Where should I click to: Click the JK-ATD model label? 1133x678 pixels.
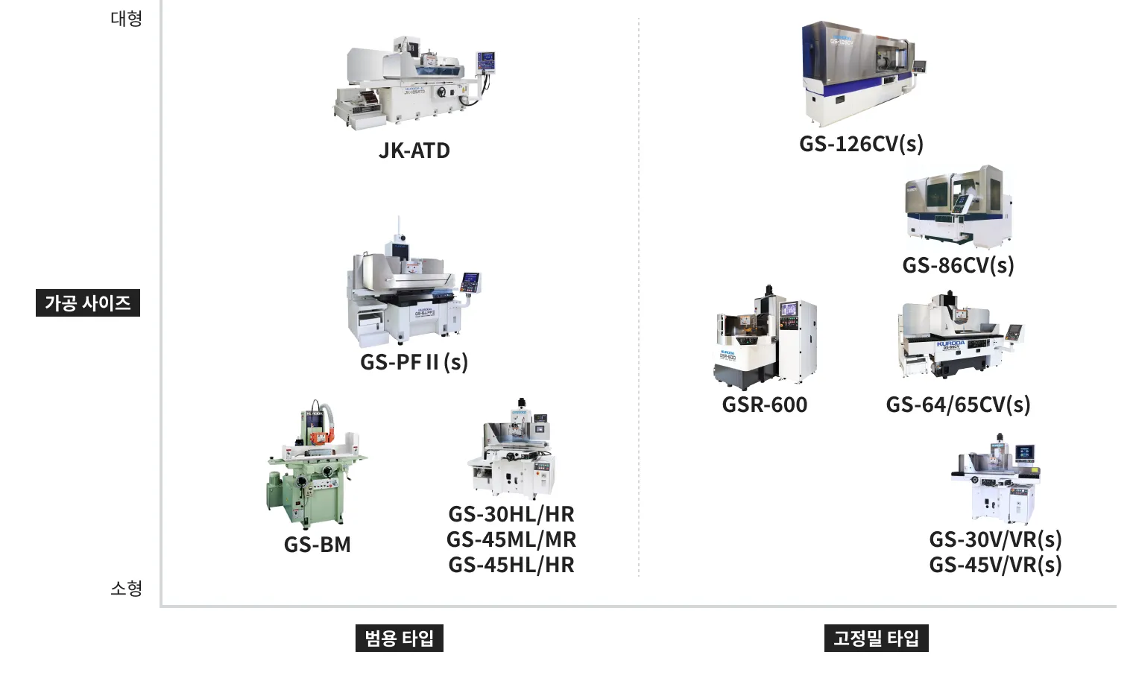[x=414, y=151]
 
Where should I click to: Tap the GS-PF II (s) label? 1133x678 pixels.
[x=414, y=362]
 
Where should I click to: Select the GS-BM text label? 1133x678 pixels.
[x=317, y=545]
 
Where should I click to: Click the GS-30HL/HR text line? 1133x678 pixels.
[x=511, y=514]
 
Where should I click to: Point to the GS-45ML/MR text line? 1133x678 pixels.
[x=511, y=539]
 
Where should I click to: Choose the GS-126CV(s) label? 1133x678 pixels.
[x=862, y=144]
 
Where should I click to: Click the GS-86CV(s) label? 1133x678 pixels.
[x=959, y=265]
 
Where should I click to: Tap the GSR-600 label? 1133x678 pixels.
[x=765, y=405]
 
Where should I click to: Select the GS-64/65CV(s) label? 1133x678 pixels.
[x=959, y=405]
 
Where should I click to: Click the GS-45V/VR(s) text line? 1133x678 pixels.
[x=995, y=565]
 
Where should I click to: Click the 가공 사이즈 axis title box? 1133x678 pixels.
[x=88, y=302]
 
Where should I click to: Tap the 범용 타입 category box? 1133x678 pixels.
[x=400, y=638]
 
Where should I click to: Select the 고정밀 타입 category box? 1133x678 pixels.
[x=877, y=638]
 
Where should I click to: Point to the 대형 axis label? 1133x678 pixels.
[x=127, y=19]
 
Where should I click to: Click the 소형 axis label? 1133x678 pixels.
[x=127, y=589]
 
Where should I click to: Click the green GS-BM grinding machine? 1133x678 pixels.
[x=317, y=464]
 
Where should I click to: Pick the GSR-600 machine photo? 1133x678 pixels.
[x=765, y=338]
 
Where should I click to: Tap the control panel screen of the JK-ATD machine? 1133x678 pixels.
[x=485, y=60]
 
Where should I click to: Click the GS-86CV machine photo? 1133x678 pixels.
[x=959, y=207]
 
